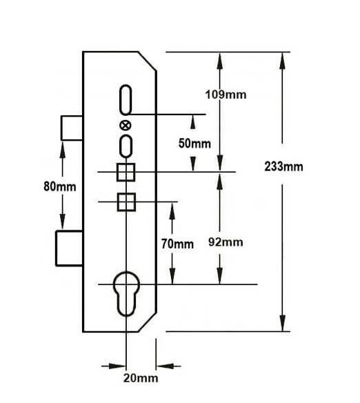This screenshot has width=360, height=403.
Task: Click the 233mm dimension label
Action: [283, 167]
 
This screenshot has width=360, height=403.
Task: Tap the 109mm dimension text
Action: [226, 95]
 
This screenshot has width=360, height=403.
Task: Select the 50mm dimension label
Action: [194, 144]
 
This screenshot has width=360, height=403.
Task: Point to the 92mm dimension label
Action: [226, 242]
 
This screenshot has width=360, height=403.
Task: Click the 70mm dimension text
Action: [177, 244]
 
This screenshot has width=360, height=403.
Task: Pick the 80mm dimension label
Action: [60, 186]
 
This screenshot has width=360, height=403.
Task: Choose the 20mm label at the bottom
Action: [141, 378]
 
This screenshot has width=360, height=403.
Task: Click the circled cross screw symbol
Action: [126, 126]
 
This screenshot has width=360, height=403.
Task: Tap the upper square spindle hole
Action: [126, 172]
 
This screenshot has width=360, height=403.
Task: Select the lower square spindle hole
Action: [126, 202]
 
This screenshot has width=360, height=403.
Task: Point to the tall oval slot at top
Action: [120, 99]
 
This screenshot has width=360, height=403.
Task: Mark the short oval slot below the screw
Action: [121, 146]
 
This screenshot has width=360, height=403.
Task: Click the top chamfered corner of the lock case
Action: [148, 61]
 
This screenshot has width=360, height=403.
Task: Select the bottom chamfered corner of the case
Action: [148, 322]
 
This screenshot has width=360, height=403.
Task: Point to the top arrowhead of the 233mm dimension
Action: [283, 61]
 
